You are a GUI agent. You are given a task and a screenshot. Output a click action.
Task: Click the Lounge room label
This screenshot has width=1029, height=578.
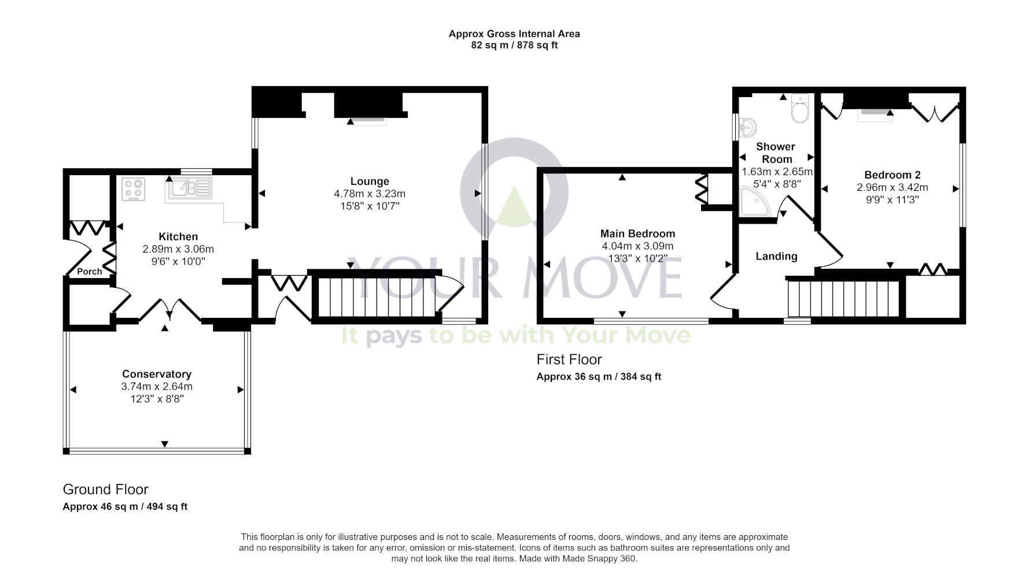[x=369, y=181]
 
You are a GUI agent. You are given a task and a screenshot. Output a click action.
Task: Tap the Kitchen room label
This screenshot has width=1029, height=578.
[x=178, y=236]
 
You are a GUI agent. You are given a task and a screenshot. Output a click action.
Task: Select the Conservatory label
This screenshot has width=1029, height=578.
[x=156, y=374]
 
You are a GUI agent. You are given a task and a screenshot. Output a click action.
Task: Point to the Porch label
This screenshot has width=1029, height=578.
[x=89, y=271]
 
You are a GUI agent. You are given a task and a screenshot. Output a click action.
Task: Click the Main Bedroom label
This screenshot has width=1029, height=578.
[x=637, y=234]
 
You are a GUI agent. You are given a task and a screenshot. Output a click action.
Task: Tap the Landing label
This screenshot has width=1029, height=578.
[x=776, y=256]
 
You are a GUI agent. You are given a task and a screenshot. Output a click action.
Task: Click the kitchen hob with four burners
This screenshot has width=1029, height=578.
[x=133, y=189]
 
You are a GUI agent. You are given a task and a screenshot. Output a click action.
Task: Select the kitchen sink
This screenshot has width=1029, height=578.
[x=189, y=188]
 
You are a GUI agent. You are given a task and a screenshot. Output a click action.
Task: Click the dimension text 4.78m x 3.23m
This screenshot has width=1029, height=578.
[x=369, y=194]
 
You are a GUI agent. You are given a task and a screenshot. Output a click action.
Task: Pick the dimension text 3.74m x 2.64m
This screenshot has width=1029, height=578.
[x=156, y=386]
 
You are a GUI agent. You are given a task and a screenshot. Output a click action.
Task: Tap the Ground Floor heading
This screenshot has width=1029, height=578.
[x=105, y=490]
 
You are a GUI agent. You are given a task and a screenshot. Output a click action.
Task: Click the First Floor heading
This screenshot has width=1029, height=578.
[x=569, y=360]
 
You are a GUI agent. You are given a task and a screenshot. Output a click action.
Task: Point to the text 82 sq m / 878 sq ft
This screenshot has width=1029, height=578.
[x=514, y=45]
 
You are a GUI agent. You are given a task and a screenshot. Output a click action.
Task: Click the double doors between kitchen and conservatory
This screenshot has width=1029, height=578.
[x=169, y=309]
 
